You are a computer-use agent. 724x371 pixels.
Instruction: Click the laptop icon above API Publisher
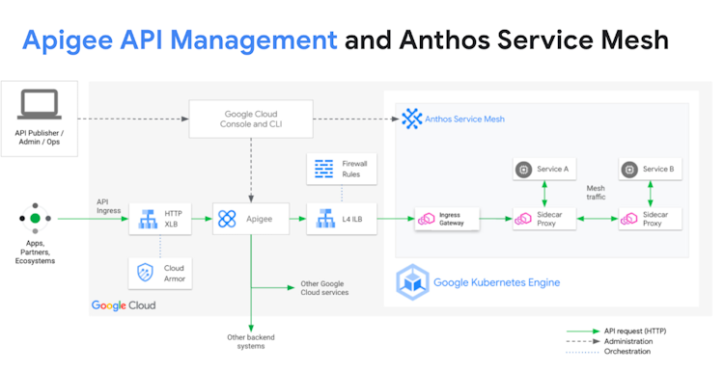click(x=40, y=105)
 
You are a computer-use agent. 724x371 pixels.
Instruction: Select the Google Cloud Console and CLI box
click(x=251, y=119)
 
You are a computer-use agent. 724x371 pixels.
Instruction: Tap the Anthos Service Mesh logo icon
click(x=412, y=119)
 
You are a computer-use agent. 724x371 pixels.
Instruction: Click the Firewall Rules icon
click(x=323, y=169)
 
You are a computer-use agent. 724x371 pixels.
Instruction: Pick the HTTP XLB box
click(x=159, y=219)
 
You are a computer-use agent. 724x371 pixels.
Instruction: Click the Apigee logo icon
click(x=227, y=219)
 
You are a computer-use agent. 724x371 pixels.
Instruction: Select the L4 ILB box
click(x=342, y=219)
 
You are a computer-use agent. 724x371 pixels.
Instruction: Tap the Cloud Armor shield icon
click(x=146, y=273)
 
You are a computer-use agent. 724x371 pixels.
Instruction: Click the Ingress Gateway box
click(x=447, y=219)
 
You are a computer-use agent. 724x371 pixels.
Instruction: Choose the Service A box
click(x=544, y=170)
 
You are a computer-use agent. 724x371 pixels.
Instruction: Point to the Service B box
click(x=650, y=170)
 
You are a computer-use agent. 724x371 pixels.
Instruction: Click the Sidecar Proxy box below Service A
click(x=544, y=219)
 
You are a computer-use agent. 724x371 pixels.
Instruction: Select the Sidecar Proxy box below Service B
click(x=650, y=219)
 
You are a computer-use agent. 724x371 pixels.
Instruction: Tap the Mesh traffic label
click(x=596, y=193)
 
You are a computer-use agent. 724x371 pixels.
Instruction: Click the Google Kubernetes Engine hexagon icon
click(x=412, y=282)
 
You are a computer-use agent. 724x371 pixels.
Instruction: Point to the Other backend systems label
click(x=251, y=341)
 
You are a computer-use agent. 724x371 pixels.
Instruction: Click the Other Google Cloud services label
click(x=324, y=288)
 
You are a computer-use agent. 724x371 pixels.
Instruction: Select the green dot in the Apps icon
click(x=35, y=219)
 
